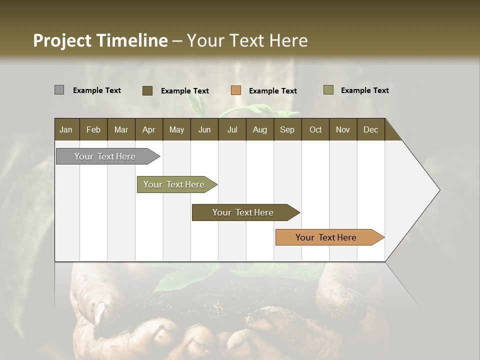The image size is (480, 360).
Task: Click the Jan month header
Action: tap(66, 129)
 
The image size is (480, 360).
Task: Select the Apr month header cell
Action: tap(148, 129)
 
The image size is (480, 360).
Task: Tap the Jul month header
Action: tap(232, 129)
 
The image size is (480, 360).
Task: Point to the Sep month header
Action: tap(287, 129)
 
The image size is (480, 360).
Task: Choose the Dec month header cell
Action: tap(370, 129)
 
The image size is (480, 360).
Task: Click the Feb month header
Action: tap(93, 129)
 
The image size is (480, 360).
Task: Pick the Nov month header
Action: tap(342, 129)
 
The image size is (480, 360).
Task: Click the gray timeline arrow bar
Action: tap(105, 156)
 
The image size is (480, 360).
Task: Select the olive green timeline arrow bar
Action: tap(174, 184)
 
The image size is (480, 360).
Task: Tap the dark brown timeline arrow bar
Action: tap(243, 212)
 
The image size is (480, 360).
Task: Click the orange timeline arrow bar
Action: tap(326, 237)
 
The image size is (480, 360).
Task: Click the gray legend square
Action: tap(59, 90)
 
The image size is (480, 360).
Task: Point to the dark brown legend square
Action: tap(147, 90)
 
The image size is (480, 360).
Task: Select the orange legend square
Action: tap(236, 90)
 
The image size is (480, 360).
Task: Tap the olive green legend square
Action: tap(328, 90)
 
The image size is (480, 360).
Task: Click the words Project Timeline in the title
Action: tap(100, 40)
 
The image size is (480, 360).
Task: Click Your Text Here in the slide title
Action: tap(247, 40)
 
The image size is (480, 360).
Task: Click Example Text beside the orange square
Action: tap(272, 91)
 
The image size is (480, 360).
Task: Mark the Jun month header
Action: tap(204, 129)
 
